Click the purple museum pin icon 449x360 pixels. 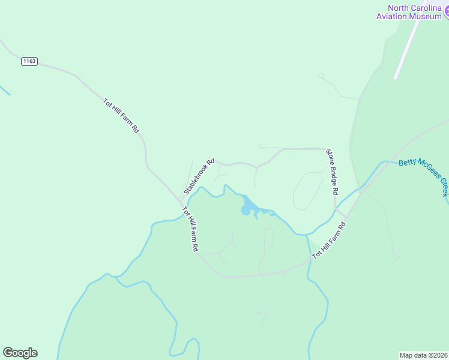click(446, 13)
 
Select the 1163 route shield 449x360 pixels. click(29, 61)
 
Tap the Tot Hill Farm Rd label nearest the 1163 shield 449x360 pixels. click(121, 115)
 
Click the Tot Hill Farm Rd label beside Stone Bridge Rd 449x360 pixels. click(329, 241)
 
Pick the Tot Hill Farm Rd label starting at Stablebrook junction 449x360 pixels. click(190, 230)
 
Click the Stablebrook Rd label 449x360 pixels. click(199, 176)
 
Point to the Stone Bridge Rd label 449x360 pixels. click(333, 172)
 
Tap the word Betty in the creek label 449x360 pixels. click(408, 163)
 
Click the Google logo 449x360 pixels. click(20, 353)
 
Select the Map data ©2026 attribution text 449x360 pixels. click(423, 355)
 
